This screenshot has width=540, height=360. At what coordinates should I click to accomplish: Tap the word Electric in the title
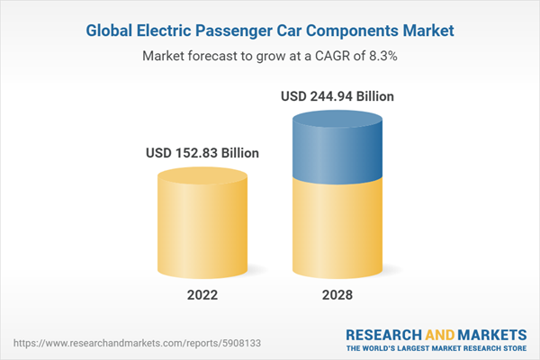[x=169, y=31]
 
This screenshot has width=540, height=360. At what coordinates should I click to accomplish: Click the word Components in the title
[x=355, y=31]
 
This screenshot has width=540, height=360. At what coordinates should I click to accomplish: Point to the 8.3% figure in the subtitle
[x=382, y=56]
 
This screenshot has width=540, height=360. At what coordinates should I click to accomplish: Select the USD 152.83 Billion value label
[x=202, y=153]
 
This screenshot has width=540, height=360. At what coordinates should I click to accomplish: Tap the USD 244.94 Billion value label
[x=337, y=95]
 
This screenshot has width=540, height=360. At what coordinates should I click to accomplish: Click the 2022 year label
[x=202, y=294]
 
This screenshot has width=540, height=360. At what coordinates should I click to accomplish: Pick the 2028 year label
[x=337, y=294]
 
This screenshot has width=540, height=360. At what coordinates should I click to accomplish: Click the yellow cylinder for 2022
[x=202, y=220]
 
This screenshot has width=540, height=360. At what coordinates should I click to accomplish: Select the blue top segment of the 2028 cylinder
[x=337, y=144]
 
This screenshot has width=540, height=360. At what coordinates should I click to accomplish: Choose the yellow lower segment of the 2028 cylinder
[x=337, y=225]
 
